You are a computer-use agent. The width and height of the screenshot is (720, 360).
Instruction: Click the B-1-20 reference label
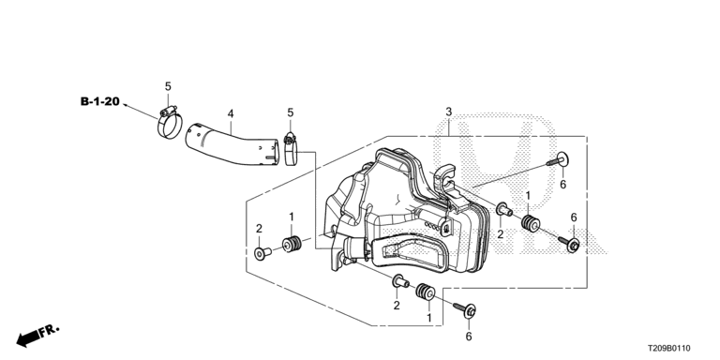tap(99, 101)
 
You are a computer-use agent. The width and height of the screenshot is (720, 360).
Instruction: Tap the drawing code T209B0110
tap(668, 349)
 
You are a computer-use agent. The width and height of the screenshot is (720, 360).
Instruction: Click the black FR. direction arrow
tap(28, 338)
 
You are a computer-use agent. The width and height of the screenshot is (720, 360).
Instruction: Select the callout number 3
tap(449, 112)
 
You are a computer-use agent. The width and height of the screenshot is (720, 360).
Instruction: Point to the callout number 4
tap(231, 112)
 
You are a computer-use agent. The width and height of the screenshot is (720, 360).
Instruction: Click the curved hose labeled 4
tap(232, 144)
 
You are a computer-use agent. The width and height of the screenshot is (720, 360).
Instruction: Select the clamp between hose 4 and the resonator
tap(291, 150)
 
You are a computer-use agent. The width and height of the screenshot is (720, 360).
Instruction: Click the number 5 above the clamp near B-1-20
tap(168, 86)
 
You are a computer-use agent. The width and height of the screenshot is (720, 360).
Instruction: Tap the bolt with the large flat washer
tap(558, 160)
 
